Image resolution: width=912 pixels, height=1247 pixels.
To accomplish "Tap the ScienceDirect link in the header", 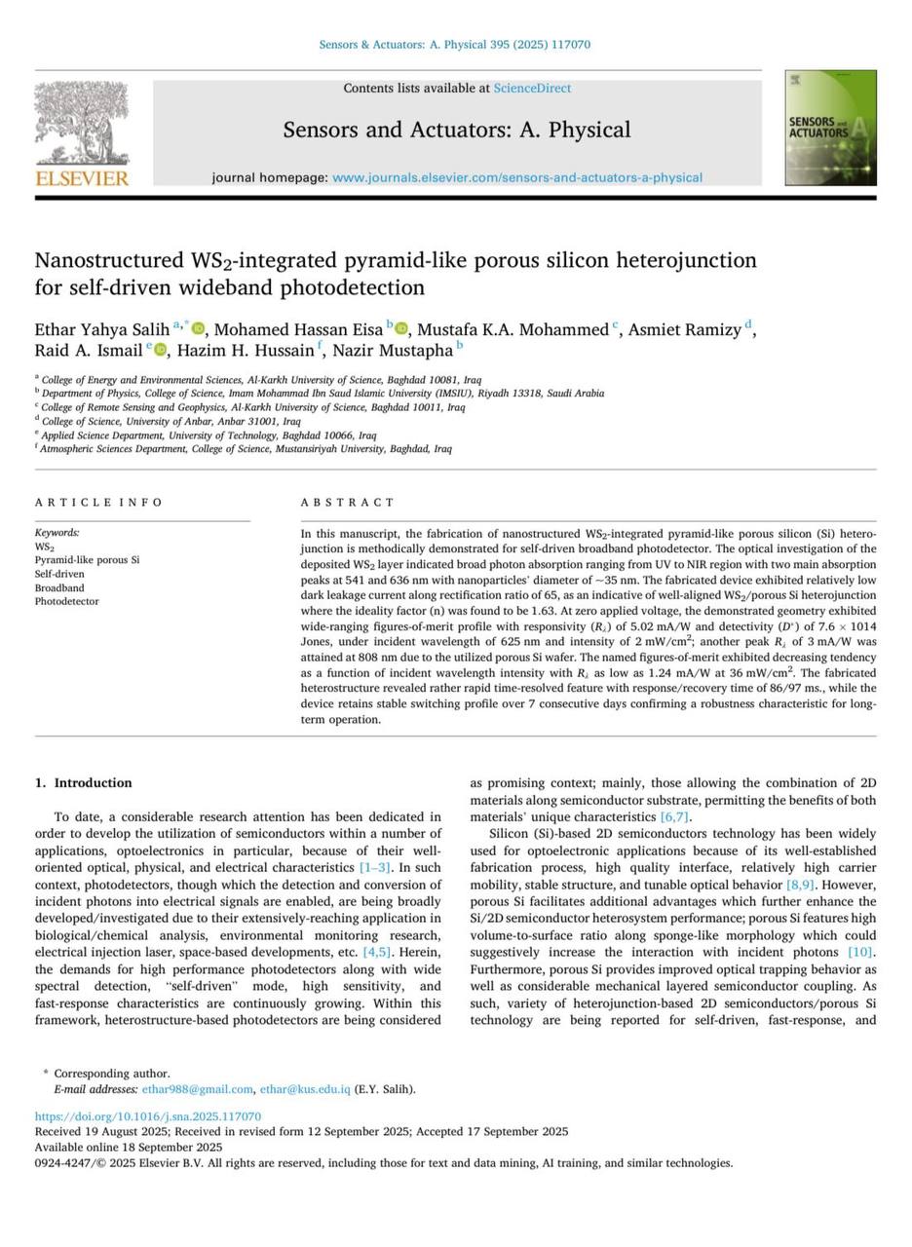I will click(x=532, y=89).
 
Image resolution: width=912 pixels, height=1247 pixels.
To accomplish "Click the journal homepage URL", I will click(x=516, y=178).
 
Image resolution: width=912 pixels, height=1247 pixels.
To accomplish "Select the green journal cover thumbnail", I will click(x=830, y=128).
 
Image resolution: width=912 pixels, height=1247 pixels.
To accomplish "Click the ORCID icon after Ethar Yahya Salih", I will click(x=199, y=329).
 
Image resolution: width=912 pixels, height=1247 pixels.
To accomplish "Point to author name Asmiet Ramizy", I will click(x=684, y=329).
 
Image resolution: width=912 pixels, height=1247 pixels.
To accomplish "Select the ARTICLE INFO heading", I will click(x=99, y=503).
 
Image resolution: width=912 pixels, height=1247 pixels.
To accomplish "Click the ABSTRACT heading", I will click(x=348, y=503).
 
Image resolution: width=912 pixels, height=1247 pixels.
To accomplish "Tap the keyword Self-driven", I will click(x=59, y=574).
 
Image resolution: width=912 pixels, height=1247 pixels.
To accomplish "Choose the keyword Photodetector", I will click(x=66, y=602).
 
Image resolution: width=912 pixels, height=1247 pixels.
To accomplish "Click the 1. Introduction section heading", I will click(x=83, y=783).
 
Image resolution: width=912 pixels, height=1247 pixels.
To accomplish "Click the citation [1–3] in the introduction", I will click(x=374, y=867).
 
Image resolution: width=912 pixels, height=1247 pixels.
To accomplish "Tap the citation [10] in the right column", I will click(x=860, y=952).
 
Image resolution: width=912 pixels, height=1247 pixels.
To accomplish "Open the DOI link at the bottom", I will click(x=148, y=1116).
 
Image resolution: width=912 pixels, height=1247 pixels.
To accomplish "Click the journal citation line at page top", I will click(x=455, y=45).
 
